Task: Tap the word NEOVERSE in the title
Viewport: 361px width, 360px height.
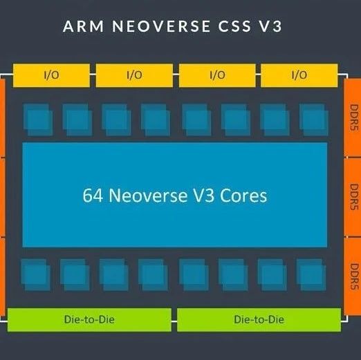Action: click(152, 27)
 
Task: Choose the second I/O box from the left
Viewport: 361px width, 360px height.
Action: click(134, 75)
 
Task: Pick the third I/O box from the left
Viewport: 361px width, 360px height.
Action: click(216, 75)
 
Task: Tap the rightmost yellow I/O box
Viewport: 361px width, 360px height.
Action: click(299, 75)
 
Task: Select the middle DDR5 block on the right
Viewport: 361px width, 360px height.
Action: click(353, 196)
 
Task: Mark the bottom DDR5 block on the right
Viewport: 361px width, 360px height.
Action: click(353, 276)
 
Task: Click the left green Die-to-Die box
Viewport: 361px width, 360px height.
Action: click(89, 319)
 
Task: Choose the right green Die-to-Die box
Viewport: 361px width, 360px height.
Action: click(259, 319)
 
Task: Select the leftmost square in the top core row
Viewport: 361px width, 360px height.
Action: click(37, 119)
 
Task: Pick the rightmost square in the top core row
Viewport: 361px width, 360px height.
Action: click(314, 119)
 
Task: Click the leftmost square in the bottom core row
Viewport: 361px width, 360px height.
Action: click(35, 274)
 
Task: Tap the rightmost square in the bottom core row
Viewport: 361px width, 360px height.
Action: click(311, 274)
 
